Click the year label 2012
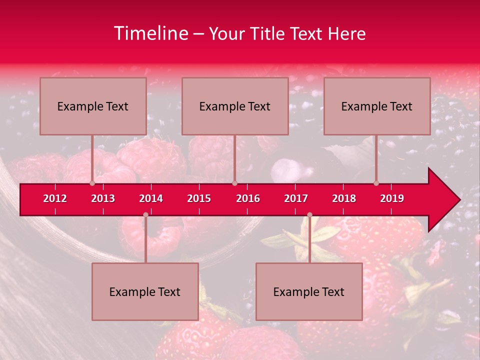pos(55,198)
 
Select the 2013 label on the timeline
pos(103,198)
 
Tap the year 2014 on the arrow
pos(151,198)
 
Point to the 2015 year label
pos(199,198)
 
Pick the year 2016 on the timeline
pos(248,198)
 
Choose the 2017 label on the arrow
pos(296,198)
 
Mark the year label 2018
pos(344,198)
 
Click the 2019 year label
pos(392,198)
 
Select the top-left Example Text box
pos(93,106)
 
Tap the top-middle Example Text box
pos(235,106)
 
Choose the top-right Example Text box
pos(377,106)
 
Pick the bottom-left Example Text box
pos(145,291)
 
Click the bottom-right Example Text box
pos(309,291)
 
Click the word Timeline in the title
pos(150,33)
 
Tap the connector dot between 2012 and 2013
pos(92,183)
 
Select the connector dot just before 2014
pos(145,215)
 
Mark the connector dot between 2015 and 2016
pos(234,183)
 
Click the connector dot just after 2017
pos(309,215)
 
